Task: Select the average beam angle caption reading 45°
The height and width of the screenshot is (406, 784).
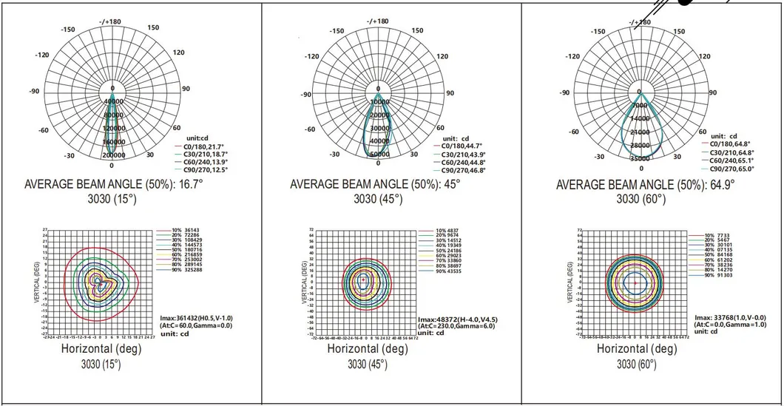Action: pos(376,184)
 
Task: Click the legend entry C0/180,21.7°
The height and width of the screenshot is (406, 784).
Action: pos(200,147)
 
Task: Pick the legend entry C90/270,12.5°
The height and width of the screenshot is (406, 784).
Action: pos(200,169)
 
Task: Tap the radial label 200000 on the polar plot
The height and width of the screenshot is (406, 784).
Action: pos(113,155)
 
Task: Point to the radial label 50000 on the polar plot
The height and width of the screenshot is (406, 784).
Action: pos(379,154)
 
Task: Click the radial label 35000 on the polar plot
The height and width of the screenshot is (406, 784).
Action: pos(640,158)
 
